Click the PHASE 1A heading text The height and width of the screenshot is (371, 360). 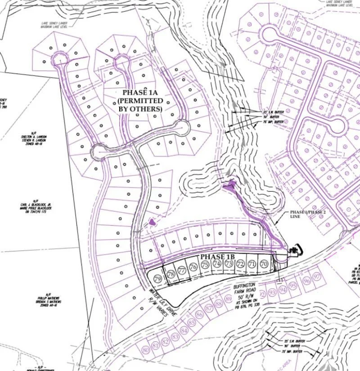point(140,92)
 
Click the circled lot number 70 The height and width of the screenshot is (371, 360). point(264,264)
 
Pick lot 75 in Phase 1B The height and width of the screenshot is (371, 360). point(205,265)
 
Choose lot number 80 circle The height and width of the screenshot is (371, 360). point(145,350)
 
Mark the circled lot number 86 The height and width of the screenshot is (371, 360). point(200,315)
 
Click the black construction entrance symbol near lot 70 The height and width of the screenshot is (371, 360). point(294,250)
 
